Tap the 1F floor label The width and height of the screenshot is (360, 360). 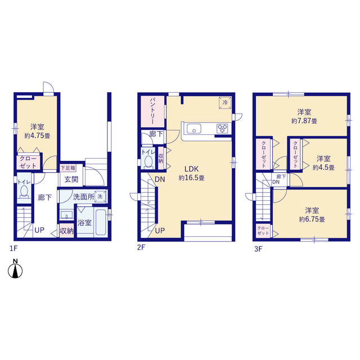13,249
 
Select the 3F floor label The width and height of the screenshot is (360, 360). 258,249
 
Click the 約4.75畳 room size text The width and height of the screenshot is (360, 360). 38,136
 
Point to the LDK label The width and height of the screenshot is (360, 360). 191,169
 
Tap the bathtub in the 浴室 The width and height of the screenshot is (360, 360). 101,222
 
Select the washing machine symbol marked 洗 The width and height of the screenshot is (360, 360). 100,196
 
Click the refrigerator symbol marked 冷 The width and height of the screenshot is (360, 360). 225,102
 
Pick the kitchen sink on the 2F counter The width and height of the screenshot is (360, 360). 194,129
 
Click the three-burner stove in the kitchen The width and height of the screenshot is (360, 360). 222,129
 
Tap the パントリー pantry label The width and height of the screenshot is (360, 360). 152,111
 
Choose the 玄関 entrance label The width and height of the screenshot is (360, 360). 71,179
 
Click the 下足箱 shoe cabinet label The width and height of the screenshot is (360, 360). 68,168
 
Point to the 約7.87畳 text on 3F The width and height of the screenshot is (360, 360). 304,121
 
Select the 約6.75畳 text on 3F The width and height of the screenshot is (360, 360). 312,219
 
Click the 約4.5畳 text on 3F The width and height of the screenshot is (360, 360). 323,168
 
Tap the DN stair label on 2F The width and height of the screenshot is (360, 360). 160,179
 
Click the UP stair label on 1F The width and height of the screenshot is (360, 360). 39,230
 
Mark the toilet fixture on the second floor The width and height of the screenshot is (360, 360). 148,161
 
